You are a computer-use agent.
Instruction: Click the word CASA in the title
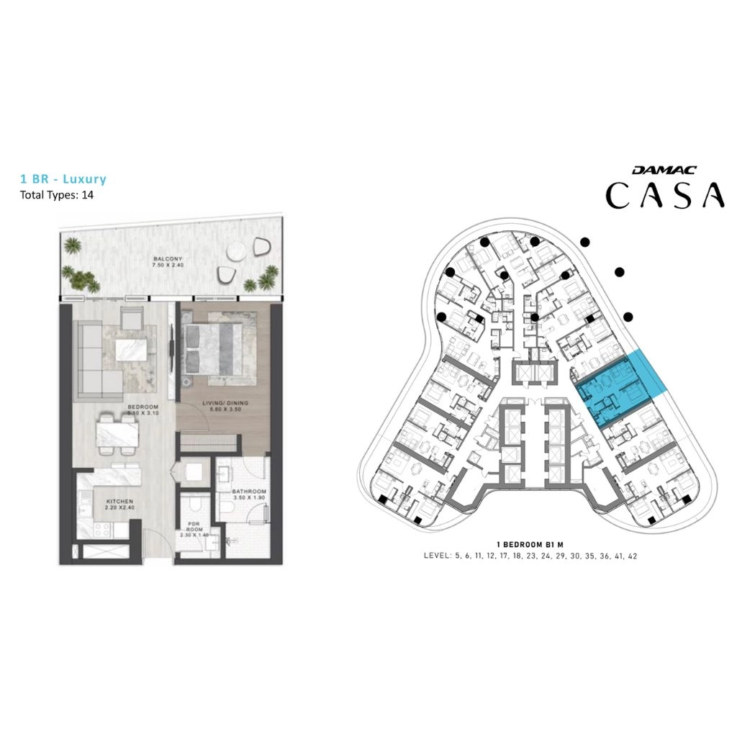coord(664,195)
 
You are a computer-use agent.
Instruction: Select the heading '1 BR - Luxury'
coord(65,178)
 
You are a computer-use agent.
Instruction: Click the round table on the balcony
coord(235,251)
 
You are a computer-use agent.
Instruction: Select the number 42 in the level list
coord(633,556)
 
